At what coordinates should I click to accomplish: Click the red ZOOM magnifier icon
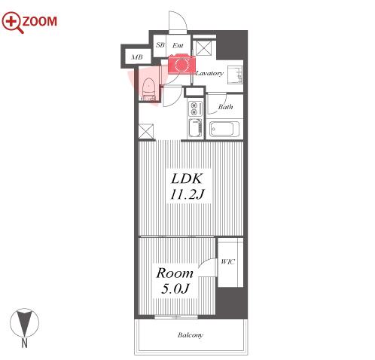pyautogui.click(x=12, y=22)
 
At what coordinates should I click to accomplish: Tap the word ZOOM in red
pyautogui.click(x=40, y=21)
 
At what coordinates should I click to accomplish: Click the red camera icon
pyautogui.click(x=181, y=64)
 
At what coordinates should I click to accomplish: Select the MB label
pyautogui.click(x=137, y=57)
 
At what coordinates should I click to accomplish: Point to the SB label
pyautogui.click(x=160, y=45)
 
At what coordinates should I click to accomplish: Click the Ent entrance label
pyautogui.click(x=178, y=45)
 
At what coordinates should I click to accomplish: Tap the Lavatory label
pyautogui.click(x=209, y=73)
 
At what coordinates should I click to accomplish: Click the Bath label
pyautogui.click(x=225, y=107)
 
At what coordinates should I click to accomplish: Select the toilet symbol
pyautogui.click(x=148, y=89)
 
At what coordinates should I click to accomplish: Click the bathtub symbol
pyautogui.click(x=224, y=129)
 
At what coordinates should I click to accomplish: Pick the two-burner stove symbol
pyautogui.click(x=195, y=108)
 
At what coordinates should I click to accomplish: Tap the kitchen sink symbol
pyautogui.click(x=195, y=128)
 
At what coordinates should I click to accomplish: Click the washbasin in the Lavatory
pyautogui.click(x=235, y=75)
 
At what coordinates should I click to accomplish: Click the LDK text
pyautogui.click(x=186, y=178)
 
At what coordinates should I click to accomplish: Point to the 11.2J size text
pyautogui.click(x=187, y=194)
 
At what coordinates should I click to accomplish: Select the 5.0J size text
pyautogui.click(x=175, y=288)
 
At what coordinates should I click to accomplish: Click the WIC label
pyautogui.click(x=227, y=262)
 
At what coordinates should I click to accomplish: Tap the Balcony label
pyautogui.click(x=191, y=335)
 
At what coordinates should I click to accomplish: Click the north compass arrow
pyautogui.click(x=24, y=322)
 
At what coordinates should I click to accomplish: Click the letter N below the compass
pyautogui.click(x=24, y=343)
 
